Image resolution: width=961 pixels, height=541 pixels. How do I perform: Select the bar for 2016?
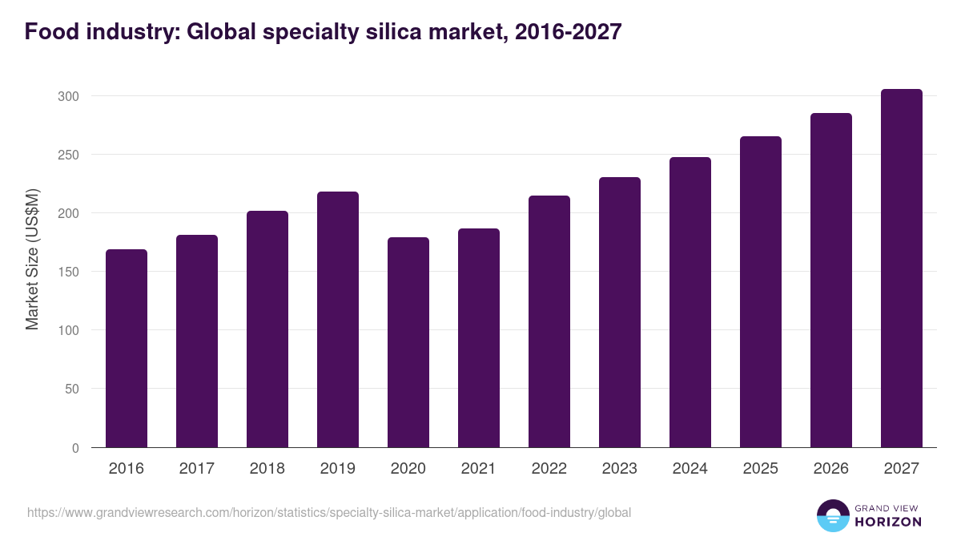pyautogui.click(x=127, y=349)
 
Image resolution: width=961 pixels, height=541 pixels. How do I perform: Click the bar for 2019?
pyautogui.click(x=338, y=320)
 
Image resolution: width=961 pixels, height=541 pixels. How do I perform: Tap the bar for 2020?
pyautogui.click(x=408, y=342)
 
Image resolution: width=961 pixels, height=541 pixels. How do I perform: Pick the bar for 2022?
pyautogui.click(x=549, y=321)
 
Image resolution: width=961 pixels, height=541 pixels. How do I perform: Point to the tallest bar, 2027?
pyautogui.click(x=902, y=268)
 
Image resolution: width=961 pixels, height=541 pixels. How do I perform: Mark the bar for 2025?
pyautogui.click(x=761, y=292)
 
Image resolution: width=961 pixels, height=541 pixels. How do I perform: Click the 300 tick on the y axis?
pyautogui.click(x=69, y=96)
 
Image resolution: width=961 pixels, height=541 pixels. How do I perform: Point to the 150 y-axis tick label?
pyautogui.click(x=69, y=272)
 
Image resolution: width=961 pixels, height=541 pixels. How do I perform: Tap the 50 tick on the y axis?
pyautogui.click(x=72, y=390)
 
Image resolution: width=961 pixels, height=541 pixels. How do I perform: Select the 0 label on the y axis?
pyautogui.click(x=75, y=448)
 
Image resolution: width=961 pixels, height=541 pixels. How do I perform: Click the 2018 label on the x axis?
pyautogui.click(x=267, y=469)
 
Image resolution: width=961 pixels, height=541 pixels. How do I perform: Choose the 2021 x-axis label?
pyautogui.click(x=479, y=469)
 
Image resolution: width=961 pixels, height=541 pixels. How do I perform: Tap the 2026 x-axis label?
pyautogui.click(x=831, y=469)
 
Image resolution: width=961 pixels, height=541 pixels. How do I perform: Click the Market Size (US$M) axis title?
pyautogui.click(x=32, y=259)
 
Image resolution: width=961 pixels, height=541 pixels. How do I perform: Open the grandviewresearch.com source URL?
pyautogui.click(x=329, y=512)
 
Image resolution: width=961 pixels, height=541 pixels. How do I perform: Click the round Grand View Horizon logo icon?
pyautogui.click(x=833, y=515)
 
